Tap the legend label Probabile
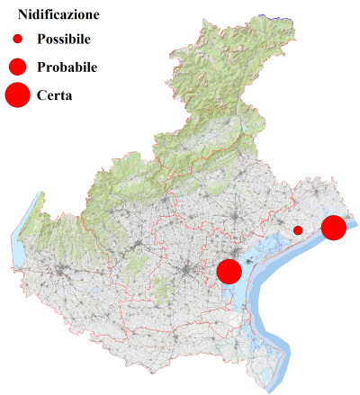[67, 67]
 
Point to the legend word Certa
[55, 94]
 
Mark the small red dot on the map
[298, 230]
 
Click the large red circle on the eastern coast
[334, 228]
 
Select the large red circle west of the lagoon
[229, 271]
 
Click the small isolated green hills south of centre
[162, 290]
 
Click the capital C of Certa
[42, 94]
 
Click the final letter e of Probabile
[94, 67]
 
